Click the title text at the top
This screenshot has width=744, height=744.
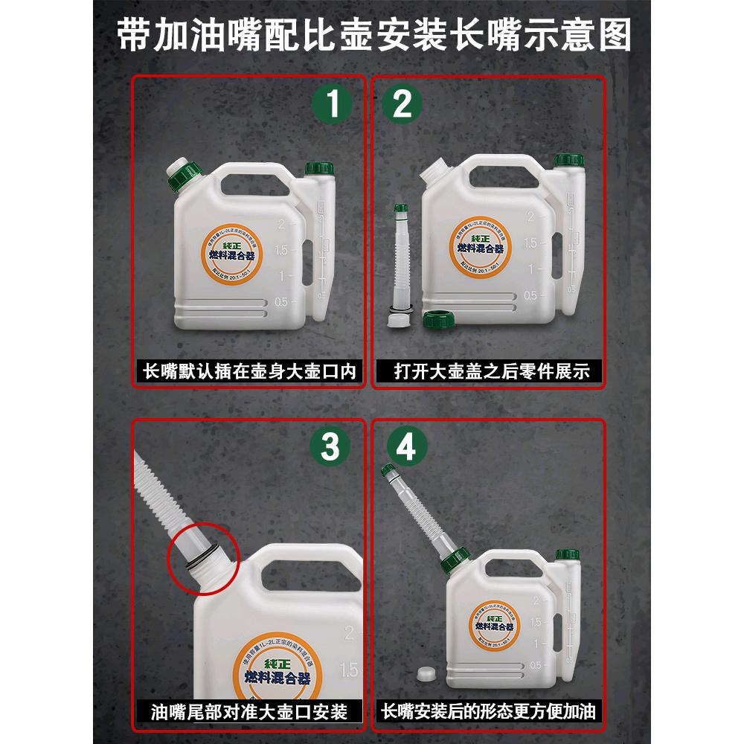[x=372, y=35]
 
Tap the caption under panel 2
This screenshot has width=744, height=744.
[x=492, y=371]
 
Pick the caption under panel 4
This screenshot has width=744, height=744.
[x=492, y=712]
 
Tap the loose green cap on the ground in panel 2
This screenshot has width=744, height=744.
[x=439, y=320]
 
